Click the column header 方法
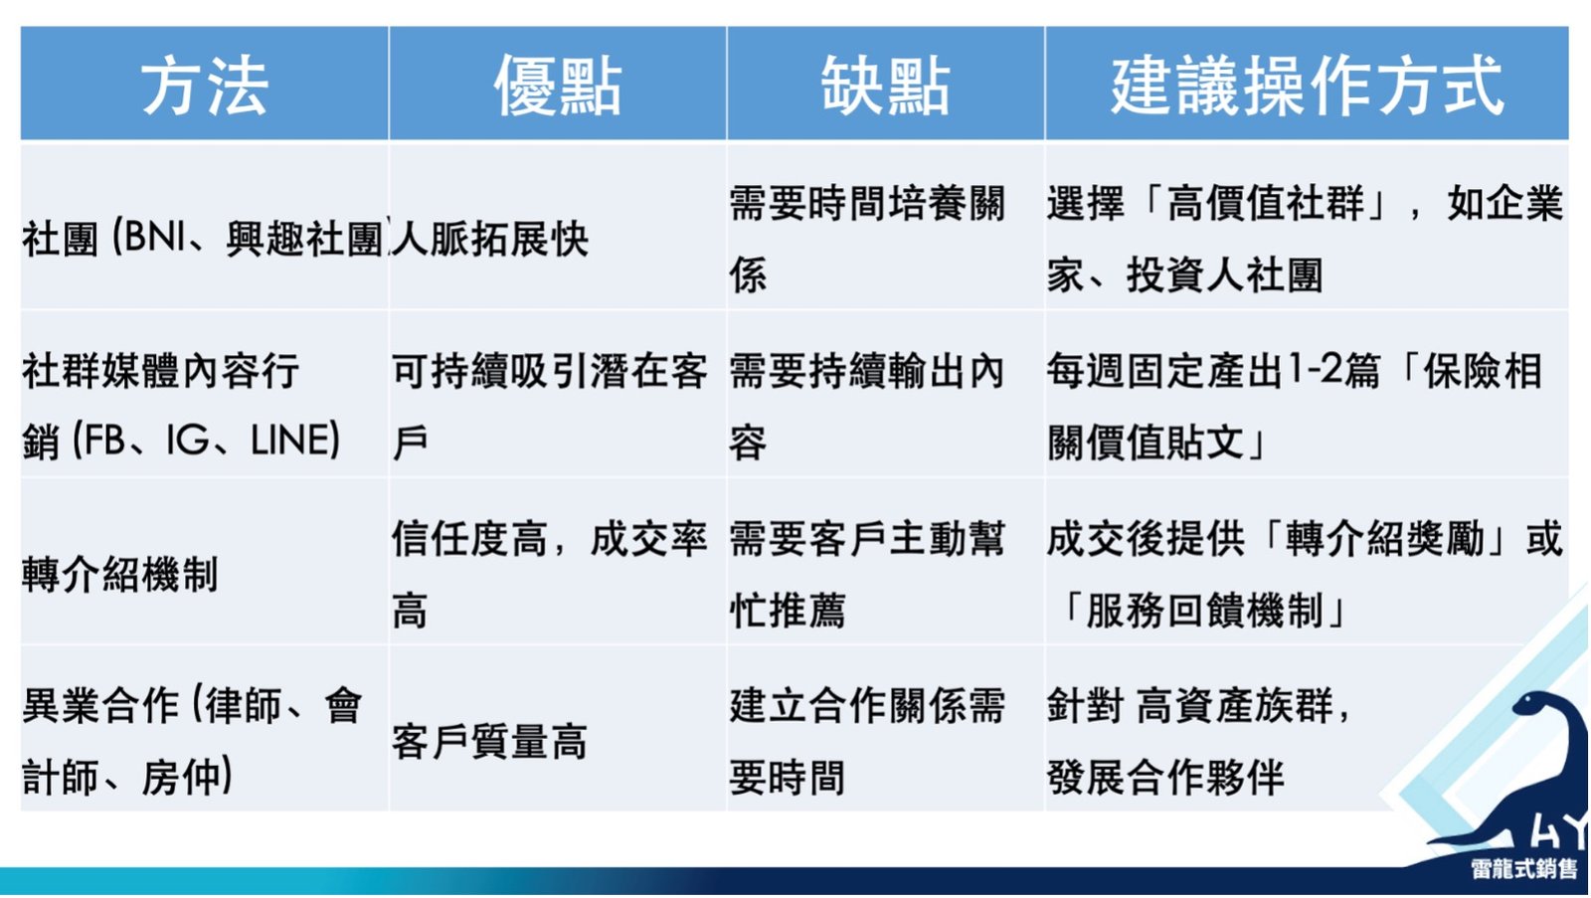coord(205,86)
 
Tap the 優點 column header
coord(558,86)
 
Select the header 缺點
coord(885,86)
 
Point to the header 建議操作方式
coord(1307,86)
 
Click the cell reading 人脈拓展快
coord(489,239)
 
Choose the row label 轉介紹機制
coord(119,574)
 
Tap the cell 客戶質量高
coord(489,742)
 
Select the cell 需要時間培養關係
coord(867,239)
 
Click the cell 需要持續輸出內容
coord(867,407)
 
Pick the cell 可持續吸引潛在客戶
coord(550,407)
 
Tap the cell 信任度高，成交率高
coord(550,574)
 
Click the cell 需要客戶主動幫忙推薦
coord(867,574)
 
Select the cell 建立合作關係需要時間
coord(867,742)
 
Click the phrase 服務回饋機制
coord(1204,611)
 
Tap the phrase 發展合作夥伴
coord(1165,778)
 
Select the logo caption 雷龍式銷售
coord(1524,868)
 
